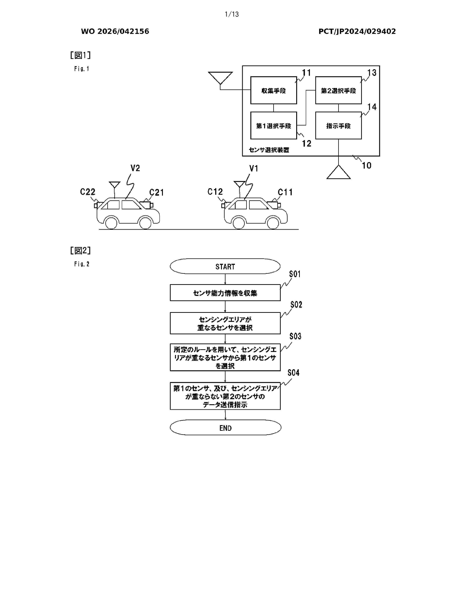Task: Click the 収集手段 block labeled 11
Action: tap(273, 91)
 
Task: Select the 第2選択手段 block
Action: tap(338, 91)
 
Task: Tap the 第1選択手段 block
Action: tap(273, 126)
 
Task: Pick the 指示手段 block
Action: tap(338, 126)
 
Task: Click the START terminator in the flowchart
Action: tap(225, 266)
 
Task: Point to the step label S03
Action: tap(295, 336)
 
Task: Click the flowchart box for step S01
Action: tap(225, 293)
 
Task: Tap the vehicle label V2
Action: tap(135, 168)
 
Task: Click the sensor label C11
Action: tap(285, 192)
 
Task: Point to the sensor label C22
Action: tap(87, 192)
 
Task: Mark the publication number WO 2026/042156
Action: tap(115, 31)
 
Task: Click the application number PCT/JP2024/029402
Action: tap(357, 31)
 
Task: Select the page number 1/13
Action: tap(232, 14)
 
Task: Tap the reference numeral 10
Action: tap(367, 165)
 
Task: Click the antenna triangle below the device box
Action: tap(338, 173)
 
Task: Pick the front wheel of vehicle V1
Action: tap(273, 223)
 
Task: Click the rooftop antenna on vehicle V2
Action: tap(114, 185)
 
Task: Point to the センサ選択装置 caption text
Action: tap(269, 150)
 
